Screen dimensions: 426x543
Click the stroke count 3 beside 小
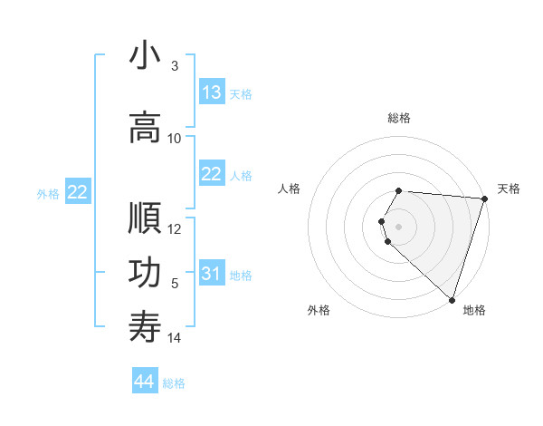click(175, 66)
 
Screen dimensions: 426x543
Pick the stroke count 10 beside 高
click(175, 138)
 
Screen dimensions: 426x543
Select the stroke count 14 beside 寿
click(175, 338)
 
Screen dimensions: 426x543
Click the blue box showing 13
click(212, 92)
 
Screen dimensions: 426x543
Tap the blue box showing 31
click(212, 274)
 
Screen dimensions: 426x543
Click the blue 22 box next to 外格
click(78, 192)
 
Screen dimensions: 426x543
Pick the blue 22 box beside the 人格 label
click(212, 175)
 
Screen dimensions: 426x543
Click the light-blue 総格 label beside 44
click(175, 383)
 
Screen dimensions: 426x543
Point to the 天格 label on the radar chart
click(509, 189)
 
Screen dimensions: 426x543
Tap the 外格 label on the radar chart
click(319, 310)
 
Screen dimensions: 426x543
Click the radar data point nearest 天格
click(484, 198)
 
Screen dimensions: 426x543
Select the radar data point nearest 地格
click(452, 300)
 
